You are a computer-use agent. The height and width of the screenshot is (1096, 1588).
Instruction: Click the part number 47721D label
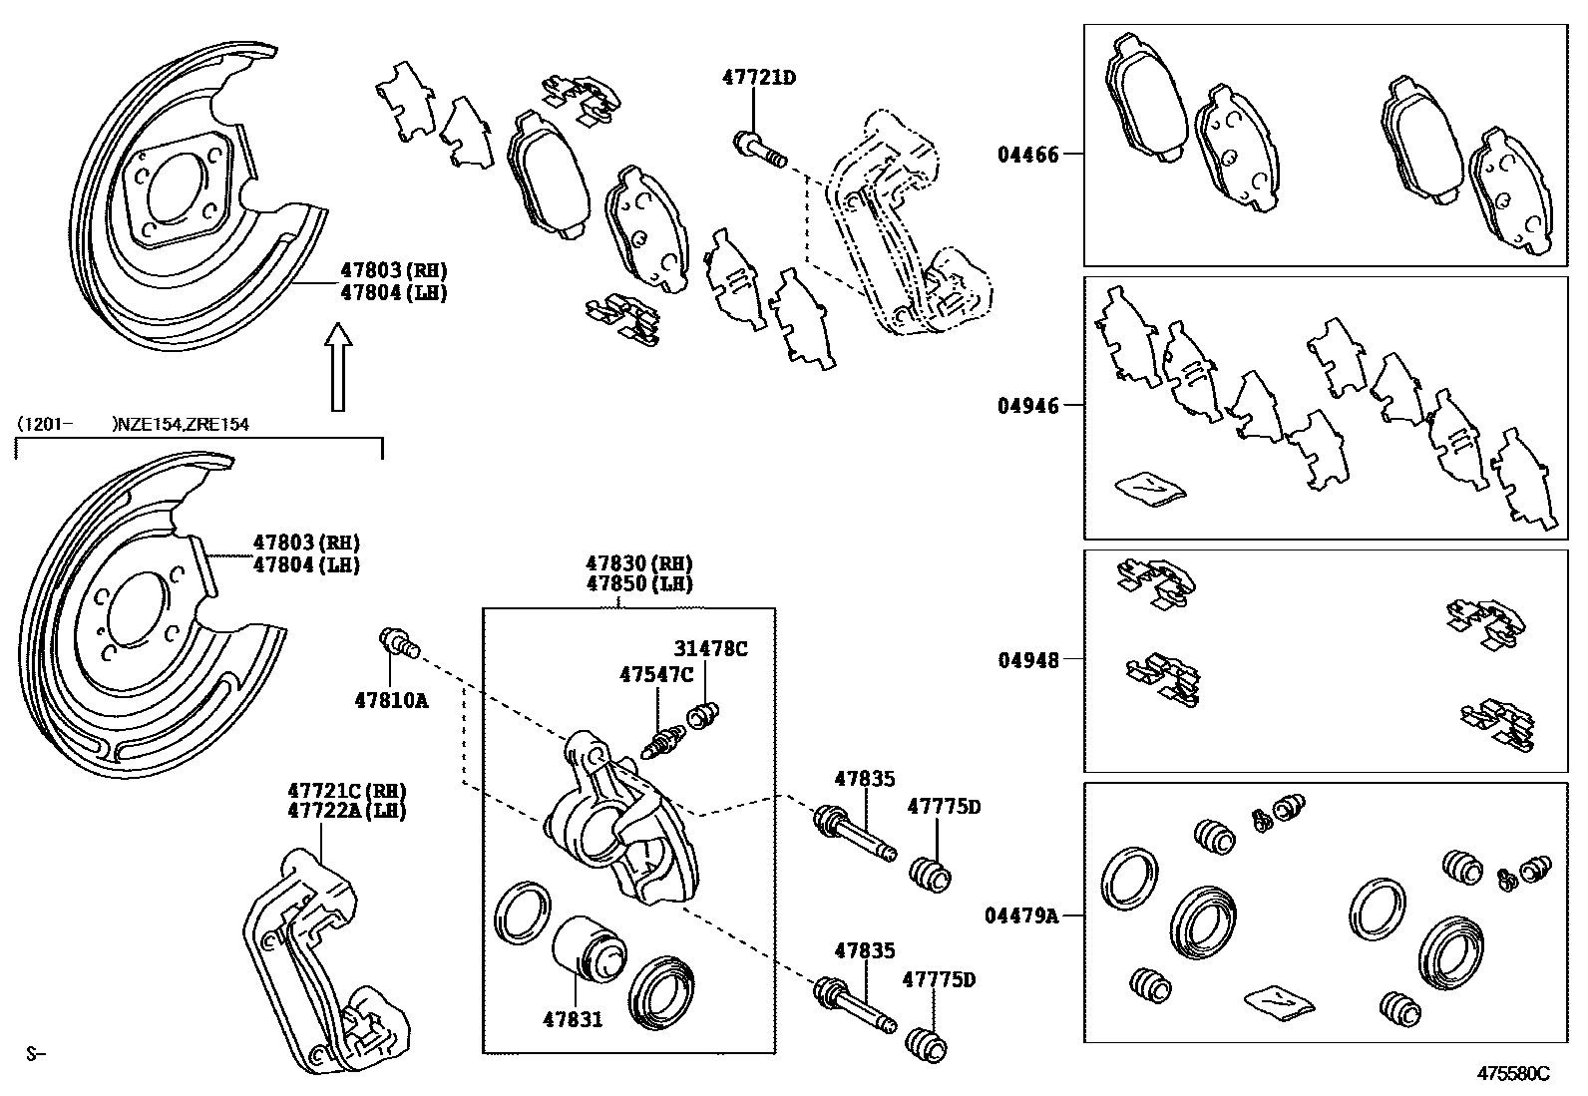[x=759, y=77]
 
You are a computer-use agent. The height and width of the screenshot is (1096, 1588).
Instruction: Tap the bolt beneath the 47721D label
[x=758, y=149]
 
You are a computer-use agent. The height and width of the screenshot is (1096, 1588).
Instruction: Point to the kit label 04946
[x=1027, y=406]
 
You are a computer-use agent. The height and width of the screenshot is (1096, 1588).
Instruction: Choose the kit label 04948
[x=1027, y=659]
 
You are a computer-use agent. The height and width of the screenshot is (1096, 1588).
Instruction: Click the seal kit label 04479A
[x=1021, y=914]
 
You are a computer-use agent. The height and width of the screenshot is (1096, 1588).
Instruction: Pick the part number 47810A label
[x=391, y=700]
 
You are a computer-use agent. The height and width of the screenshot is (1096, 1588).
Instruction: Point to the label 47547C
[x=655, y=675]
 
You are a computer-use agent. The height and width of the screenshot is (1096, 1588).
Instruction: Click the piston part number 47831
[x=573, y=1019]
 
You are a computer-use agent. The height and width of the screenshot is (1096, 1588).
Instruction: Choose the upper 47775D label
[x=943, y=806]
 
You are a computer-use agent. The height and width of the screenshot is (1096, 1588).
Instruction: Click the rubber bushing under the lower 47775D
[x=926, y=1044]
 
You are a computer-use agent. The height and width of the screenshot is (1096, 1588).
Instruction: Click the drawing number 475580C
[x=1513, y=1073]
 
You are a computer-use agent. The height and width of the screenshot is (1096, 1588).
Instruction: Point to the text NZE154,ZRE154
[x=183, y=424]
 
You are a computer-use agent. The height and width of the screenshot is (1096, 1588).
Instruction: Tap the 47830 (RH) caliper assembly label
[x=638, y=563]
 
